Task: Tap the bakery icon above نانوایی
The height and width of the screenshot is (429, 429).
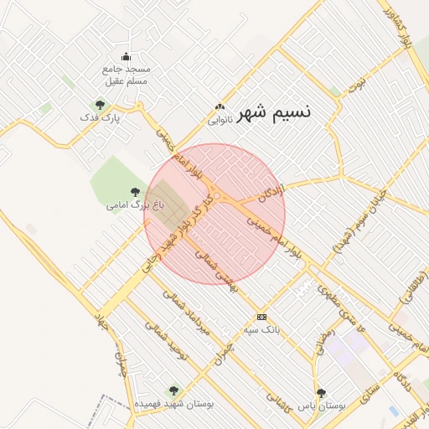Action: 220,106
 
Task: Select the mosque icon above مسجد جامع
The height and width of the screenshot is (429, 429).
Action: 126,56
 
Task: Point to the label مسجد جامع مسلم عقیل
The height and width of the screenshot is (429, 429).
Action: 126,75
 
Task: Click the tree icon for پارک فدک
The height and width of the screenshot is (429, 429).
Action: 100,106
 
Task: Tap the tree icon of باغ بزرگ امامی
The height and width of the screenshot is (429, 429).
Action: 135,192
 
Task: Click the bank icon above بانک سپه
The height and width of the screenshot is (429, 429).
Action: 262,317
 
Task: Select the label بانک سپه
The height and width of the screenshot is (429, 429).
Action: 261,329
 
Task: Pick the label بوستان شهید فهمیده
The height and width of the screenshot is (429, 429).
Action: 174,403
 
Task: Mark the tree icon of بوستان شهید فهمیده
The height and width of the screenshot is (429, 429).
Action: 173,390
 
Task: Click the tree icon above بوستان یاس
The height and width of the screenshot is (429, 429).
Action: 321,393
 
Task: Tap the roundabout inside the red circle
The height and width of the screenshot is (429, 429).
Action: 217,197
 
